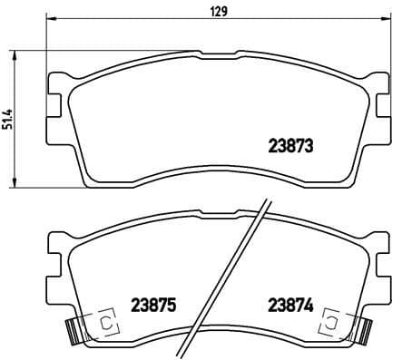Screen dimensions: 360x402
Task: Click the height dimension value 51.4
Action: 8,118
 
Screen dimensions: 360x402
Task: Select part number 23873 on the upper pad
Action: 290,144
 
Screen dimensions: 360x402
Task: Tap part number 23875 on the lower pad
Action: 152,306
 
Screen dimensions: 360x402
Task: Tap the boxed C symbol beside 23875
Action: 104,322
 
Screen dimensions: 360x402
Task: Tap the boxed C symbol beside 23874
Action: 332,322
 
